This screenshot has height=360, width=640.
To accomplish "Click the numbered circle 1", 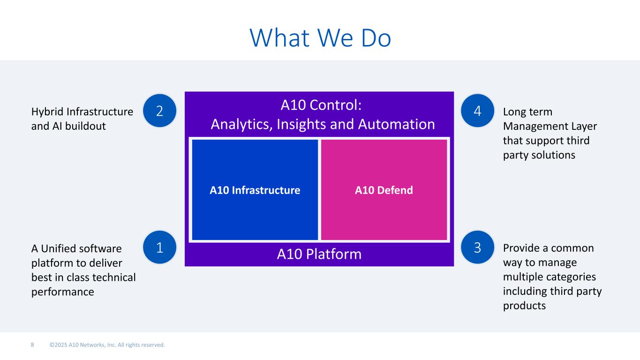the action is [160, 247].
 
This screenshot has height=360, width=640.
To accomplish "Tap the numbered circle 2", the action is [160, 111].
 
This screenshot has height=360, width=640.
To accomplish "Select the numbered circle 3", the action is [477, 247].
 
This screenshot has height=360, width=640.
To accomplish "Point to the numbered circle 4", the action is [477, 111].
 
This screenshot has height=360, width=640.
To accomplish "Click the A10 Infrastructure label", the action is [255, 190].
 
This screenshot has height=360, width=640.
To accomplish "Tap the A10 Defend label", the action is [384, 190].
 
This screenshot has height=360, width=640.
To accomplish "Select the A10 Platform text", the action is [319, 254].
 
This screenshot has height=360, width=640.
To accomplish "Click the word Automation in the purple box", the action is [397, 124].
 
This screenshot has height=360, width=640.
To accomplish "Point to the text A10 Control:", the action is [321, 105].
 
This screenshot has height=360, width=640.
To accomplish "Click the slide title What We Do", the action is [320, 37].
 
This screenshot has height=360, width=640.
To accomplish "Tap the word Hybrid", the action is [47, 112].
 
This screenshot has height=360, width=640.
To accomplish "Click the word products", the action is [524, 306].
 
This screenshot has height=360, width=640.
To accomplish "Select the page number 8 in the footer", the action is [32, 345].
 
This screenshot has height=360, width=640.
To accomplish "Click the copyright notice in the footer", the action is [107, 345].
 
